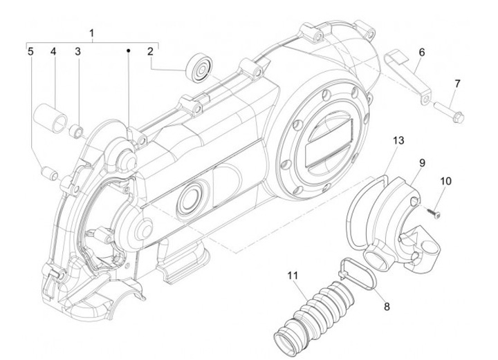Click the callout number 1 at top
[92, 33]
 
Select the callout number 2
[151, 51]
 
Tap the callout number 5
[30, 51]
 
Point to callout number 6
[422, 52]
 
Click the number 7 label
[457, 84]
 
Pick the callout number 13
[398, 140]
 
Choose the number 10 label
[445, 181]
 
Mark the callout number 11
[293, 275]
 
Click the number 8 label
[387, 306]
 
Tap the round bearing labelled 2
[199, 67]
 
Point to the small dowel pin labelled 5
[50, 173]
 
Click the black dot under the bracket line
[129, 50]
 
